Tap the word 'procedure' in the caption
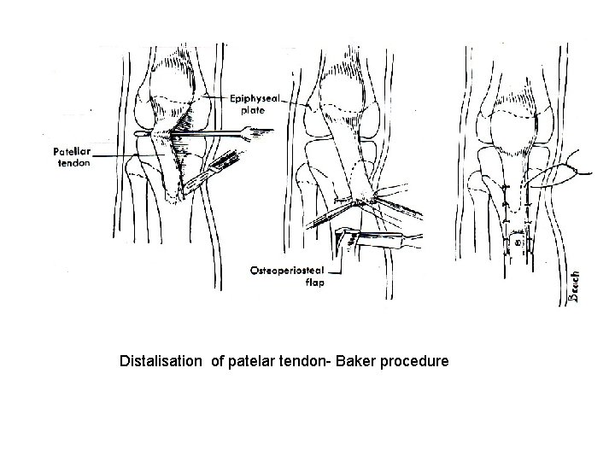coord(414,363)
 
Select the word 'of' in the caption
coord(217,363)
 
